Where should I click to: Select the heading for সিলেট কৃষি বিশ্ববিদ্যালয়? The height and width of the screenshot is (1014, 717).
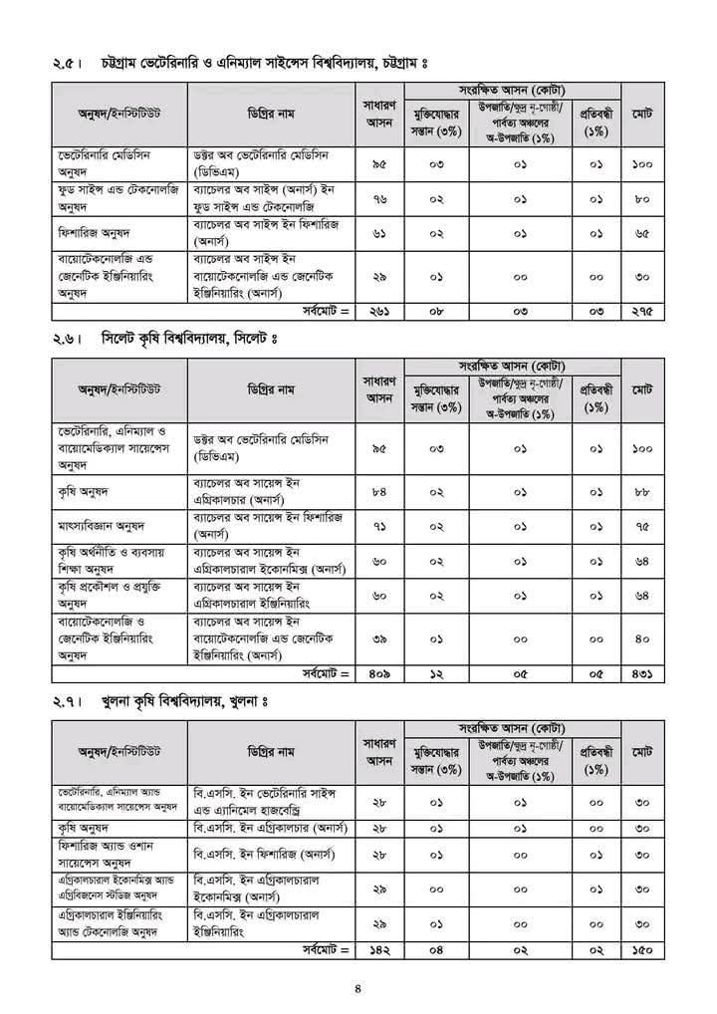189,340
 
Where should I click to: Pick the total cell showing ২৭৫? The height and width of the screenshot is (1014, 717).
642,311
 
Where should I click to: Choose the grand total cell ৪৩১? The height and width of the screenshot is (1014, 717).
642,673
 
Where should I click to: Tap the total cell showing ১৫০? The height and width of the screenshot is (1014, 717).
642,950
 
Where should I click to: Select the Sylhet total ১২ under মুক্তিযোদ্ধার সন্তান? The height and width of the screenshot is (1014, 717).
435,673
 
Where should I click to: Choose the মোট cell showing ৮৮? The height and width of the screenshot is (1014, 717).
642,491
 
